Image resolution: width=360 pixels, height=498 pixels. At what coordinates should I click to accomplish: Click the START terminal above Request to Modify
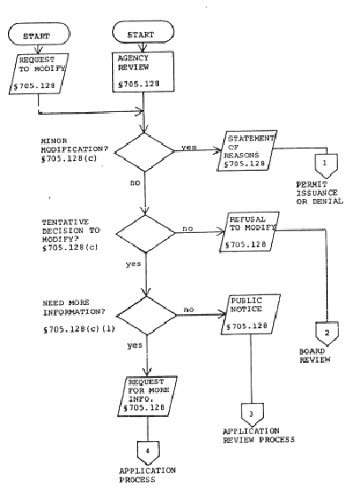(38, 34)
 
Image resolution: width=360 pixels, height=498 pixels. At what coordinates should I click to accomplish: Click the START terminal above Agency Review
(143, 32)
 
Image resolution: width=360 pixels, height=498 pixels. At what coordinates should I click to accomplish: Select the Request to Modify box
(38, 74)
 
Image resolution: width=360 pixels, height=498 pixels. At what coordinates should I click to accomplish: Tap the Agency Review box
(143, 72)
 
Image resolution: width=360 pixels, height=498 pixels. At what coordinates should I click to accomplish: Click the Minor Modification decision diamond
(144, 152)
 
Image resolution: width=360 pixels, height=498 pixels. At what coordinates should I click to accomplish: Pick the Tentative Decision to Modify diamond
(146, 234)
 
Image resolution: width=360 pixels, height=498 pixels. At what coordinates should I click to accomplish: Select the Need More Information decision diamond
(147, 316)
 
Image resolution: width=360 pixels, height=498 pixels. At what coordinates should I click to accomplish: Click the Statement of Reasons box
(247, 151)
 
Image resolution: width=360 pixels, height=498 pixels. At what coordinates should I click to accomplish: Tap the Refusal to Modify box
(250, 232)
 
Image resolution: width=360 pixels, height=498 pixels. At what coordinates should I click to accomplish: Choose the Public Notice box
(251, 315)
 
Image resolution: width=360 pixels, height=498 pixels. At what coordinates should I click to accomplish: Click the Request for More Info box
(148, 397)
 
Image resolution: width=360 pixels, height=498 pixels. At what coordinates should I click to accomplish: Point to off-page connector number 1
(326, 165)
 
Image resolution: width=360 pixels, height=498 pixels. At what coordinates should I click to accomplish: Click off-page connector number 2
(327, 333)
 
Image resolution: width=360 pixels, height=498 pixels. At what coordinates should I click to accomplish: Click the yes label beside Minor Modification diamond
(189, 148)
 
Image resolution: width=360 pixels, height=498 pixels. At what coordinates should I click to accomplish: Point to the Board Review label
(315, 356)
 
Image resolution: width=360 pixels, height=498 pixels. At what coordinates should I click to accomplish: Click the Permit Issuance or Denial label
(320, 193)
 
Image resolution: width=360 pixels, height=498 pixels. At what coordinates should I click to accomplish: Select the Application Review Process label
(259, 436)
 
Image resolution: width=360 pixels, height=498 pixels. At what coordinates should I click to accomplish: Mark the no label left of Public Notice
(188, 309)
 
